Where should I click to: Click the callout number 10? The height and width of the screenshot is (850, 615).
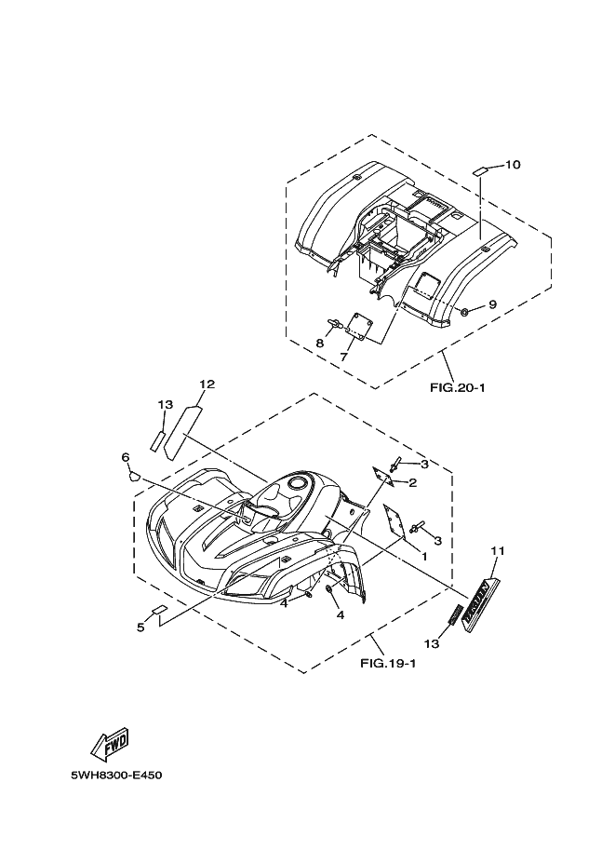tap(513, 165)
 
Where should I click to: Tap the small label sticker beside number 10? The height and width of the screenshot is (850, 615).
tap(478, 171)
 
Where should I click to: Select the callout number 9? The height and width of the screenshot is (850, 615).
tap(493, 304)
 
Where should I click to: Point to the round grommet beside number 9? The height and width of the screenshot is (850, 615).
tap(464, 309)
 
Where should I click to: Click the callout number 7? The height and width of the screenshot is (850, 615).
tap(344, 357)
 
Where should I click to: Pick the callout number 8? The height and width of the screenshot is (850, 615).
tap(318, 344)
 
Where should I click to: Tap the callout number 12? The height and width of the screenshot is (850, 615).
tap(207, 384)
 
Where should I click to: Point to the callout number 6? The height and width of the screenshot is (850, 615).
tap(125, 456)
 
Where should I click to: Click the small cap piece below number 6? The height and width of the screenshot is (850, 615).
tap(132, 475)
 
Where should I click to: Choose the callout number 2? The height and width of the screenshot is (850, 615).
tap(411, 482)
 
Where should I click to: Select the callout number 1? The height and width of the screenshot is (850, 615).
tap(424, 556)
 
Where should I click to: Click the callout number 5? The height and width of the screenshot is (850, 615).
tap(141, 627)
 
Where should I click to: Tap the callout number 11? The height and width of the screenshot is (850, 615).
tap(498, 551)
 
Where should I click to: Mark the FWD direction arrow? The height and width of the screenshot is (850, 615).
tap(108, 742)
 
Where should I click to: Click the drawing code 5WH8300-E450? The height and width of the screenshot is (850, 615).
tap(115, 775)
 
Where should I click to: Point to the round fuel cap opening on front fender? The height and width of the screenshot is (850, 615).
tap(298, 482)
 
